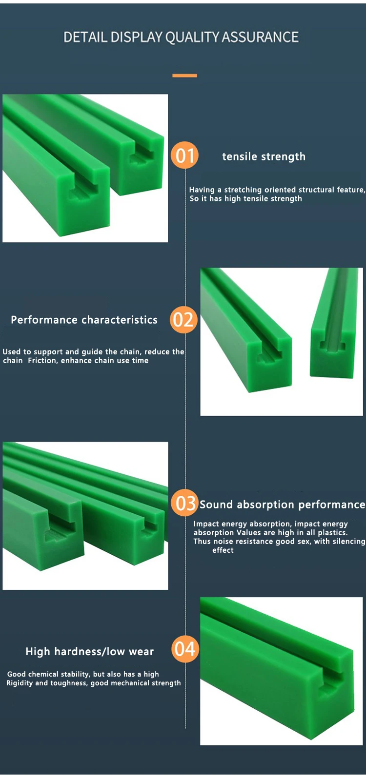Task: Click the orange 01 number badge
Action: point(184,155)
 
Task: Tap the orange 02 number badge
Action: point(183,320)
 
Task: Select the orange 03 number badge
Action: point(184,503)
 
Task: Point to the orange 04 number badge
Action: point(185,649)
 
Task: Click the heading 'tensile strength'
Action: point(264,156)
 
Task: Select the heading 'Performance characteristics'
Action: point(84,320)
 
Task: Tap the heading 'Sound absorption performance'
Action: point(282,505)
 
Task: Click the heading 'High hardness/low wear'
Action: point(89,652)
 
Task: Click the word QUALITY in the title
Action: point(192,37)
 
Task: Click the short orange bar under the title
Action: point(184,76)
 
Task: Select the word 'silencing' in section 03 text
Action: point(347,542)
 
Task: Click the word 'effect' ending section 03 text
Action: point(223,550)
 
